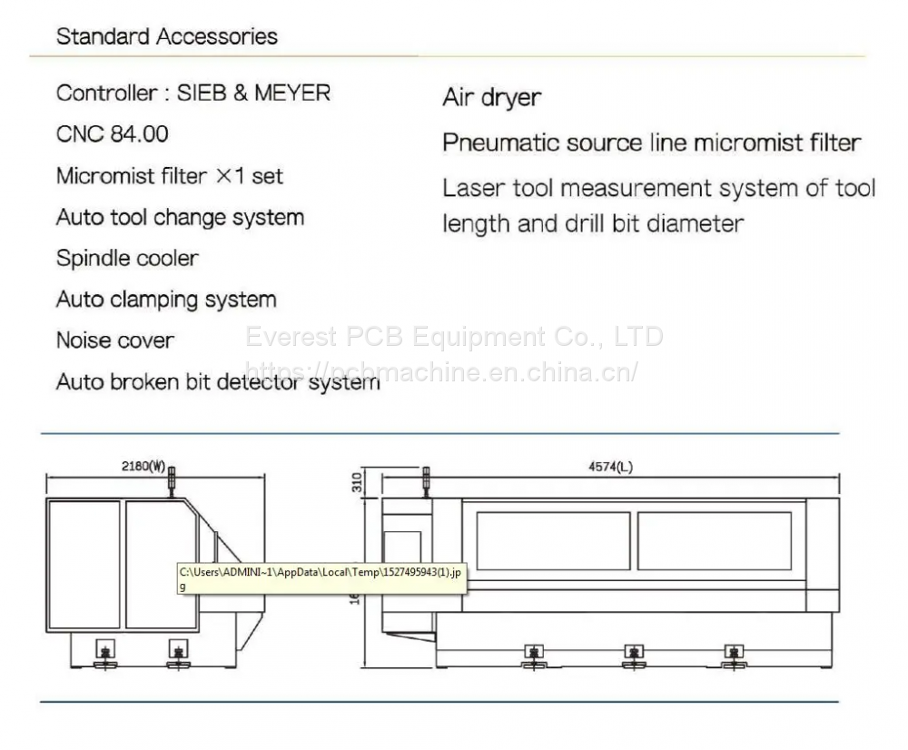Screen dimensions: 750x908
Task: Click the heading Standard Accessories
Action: (167, 37)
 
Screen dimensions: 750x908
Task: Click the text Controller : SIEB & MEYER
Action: (193, 93)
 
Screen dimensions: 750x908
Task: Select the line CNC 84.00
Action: (113, 134)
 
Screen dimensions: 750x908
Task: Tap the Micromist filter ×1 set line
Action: (170, 175)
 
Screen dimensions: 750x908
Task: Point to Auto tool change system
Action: (180, 217)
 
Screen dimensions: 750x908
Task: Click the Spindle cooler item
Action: (127, 258)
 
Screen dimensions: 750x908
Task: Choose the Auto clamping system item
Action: (166, 299)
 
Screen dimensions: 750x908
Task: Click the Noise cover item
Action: (115, 340)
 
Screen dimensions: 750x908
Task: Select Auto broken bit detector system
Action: (218, 381)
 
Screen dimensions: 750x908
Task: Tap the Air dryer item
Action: (491, 97)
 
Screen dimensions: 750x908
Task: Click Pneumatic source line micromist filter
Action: (651, 143)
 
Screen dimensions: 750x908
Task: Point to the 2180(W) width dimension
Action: (143, 467)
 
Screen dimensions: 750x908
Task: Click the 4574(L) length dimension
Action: (611, 467)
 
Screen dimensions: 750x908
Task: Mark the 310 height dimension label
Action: (359, 482)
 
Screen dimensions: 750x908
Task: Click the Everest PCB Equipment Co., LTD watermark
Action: (454, 337)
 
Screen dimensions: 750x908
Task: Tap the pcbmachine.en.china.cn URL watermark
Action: (442, 370)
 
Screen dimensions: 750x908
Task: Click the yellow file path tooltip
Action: (321, 577)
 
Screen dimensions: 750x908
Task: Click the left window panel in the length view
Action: (553, 540)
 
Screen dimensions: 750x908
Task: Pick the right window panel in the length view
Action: (714, 540)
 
